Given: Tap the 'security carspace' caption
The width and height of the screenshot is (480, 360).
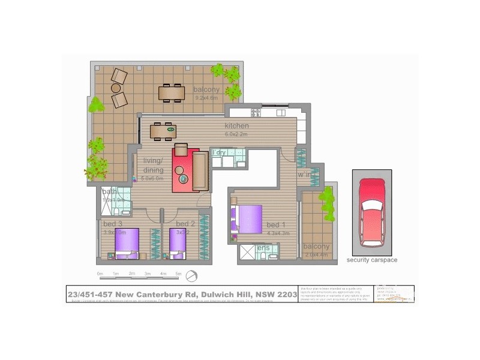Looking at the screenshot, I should click(x=371, y=260).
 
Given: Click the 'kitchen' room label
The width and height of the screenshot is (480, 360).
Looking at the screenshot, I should click(x=236, y=126).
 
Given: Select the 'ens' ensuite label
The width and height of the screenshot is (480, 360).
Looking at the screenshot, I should click(x=263, y=247).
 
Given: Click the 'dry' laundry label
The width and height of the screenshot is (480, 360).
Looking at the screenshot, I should click(x=220, y=152).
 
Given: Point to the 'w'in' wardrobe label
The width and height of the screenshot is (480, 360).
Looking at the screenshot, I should click(x=305, y=175).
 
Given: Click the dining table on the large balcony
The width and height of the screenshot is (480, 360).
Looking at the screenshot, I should click(x=172, y=92).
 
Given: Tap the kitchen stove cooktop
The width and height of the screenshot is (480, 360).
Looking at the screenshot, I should click(x=256, y=112).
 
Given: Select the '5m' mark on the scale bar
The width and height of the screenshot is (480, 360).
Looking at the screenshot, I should click(x=178, y=274).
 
